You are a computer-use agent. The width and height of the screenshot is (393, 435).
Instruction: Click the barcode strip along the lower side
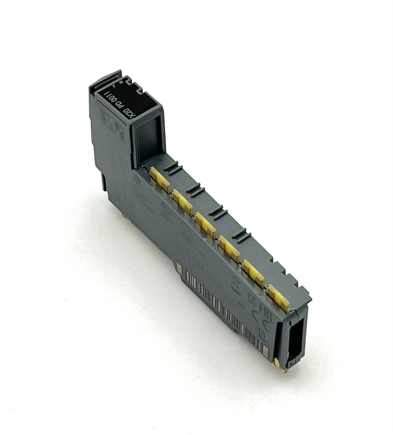221,305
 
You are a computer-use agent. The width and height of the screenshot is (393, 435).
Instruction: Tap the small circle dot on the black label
121,82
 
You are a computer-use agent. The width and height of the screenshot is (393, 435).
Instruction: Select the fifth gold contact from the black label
253,273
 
